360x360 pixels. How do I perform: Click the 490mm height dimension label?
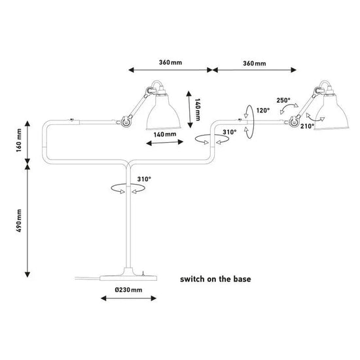point(19,221)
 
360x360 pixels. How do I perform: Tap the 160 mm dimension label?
point(19,140)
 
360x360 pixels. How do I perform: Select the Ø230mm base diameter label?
point(128,290)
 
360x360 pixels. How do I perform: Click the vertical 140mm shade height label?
point(198,109)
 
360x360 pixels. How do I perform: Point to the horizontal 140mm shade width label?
point(165,134)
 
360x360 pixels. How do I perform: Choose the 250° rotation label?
point(283,100)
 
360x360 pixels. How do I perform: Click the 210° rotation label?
point(307,126)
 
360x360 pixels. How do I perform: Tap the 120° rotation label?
point(263,111)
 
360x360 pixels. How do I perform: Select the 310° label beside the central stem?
point(144,179)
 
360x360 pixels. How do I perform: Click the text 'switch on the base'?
point(215,279)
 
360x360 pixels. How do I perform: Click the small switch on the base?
point(143,274)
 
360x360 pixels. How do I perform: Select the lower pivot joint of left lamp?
point(126,121)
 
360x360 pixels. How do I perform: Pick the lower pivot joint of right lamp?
point(294,121)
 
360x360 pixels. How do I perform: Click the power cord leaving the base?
point(88,278)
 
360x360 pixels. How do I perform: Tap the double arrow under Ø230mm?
point(128,298)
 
